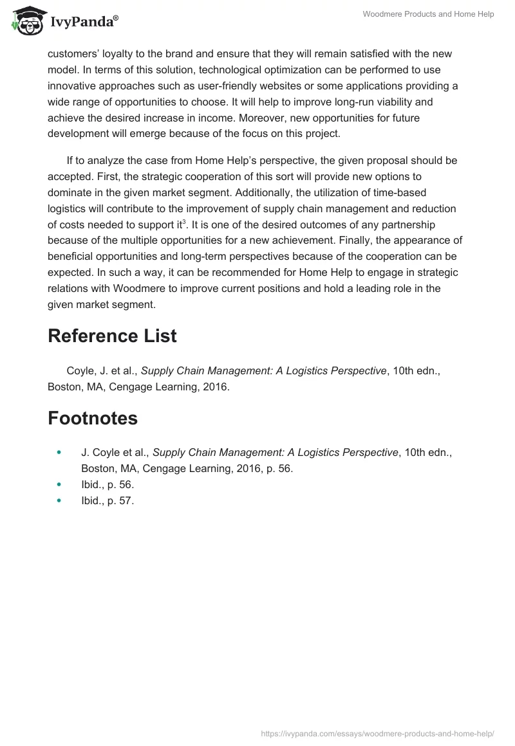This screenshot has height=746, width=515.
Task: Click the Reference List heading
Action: point(112,336)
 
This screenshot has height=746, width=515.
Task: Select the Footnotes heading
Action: point(93,418)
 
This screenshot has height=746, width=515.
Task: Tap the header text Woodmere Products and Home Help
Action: point(427,14)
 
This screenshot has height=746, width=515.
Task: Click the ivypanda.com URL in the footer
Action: point(377,732)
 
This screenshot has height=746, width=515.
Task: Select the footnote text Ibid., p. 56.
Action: point(108,485)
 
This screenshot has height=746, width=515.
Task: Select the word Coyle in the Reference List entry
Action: point(81,371)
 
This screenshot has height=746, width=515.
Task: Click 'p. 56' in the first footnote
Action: point(279,469)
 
